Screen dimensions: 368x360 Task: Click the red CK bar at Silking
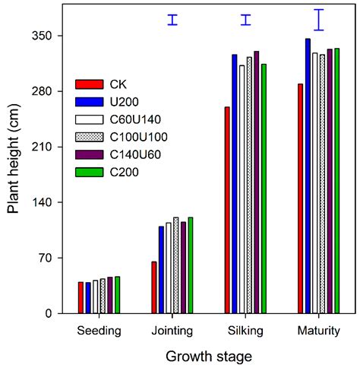(227, 210)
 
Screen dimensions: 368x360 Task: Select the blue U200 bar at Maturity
(308, 176)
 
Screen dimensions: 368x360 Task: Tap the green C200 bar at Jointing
(191, 265)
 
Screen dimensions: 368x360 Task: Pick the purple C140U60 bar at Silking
(257, 182)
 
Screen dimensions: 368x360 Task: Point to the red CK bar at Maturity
(301, 198)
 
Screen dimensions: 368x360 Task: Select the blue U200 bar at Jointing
(161, 270)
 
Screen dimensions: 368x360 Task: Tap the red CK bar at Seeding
(81, 297)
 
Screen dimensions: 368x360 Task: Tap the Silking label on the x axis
(245, 331)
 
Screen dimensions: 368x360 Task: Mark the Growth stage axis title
(209, 355)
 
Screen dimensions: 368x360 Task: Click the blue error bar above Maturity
(319, 20)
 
